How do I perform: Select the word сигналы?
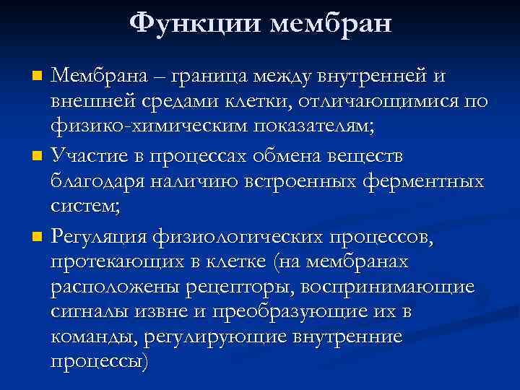(x=87, y=313)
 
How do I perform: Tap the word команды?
(x=93, y=337)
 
